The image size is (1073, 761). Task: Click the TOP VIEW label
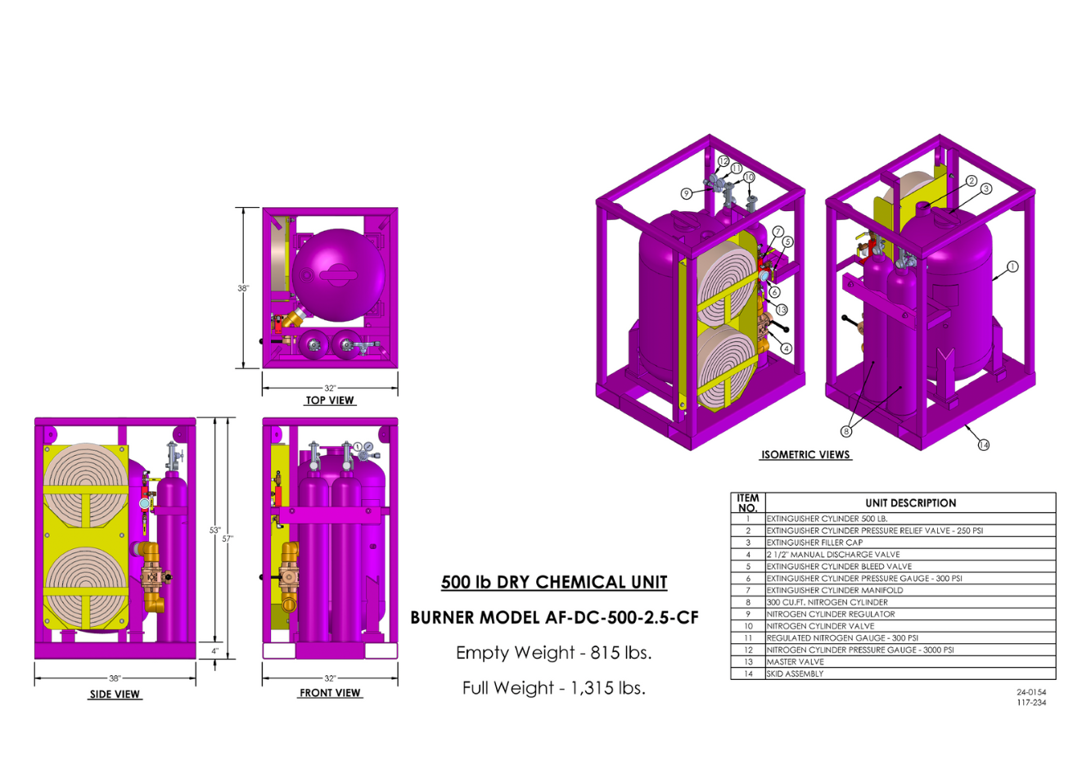(x=330, y=400)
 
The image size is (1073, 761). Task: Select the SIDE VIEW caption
(x=115, y=694)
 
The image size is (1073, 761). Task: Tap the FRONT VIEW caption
(x=330, y=692)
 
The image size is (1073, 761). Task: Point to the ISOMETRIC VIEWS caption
(x=805, y=454)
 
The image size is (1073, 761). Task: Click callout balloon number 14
(x=984, y=445)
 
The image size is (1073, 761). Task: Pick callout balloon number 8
(x=846, y=431)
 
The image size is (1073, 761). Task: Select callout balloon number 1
(x=1012, y=266)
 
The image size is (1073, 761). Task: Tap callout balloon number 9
(x=687, y=193)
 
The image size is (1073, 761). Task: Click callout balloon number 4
(x=786, y=349)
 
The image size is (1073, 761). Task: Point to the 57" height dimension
(x=228, y=538)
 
